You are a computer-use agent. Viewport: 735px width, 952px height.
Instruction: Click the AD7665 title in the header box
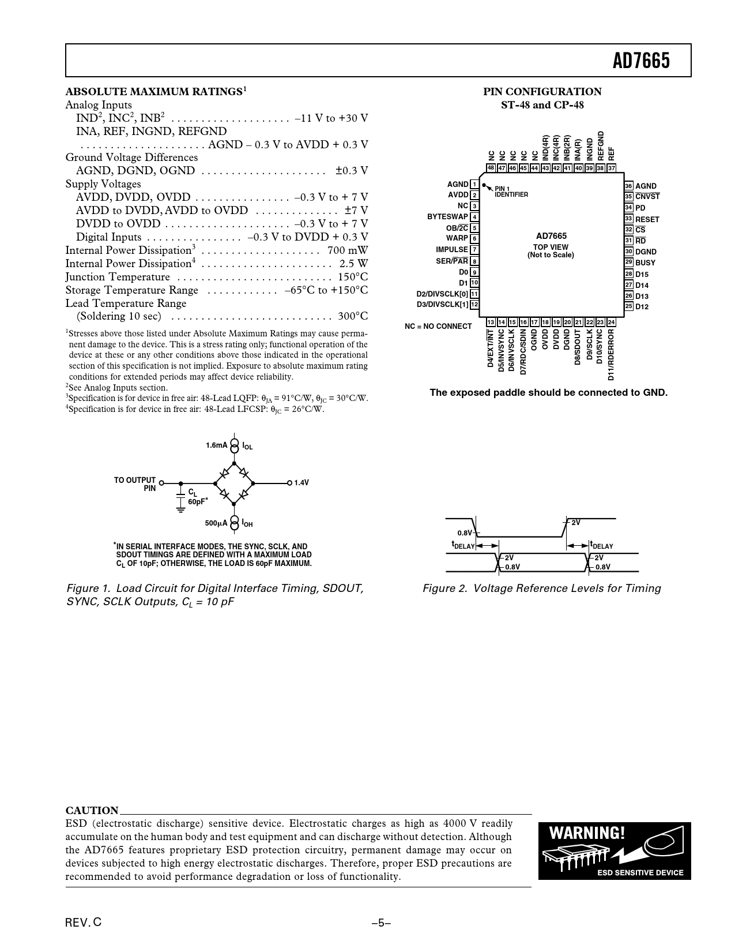point(641,60)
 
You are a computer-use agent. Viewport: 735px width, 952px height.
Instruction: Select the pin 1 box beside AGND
point(474,184)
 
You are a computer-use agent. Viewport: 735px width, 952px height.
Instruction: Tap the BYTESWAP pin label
point(447,217)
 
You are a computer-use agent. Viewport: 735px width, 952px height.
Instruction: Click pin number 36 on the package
point(628,186)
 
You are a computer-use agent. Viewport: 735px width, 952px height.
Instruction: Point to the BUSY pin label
point(645,263)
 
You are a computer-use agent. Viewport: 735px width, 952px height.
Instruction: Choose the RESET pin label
point(647,219)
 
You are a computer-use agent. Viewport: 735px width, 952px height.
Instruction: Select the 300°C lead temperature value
point(353,316)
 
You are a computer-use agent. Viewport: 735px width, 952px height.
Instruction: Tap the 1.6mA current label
point(217,445)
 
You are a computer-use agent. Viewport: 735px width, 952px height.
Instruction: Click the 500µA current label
point(216,523)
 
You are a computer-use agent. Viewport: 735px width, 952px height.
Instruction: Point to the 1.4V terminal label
point(301,483)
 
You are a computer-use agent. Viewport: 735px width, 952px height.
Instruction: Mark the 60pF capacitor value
point(197,501)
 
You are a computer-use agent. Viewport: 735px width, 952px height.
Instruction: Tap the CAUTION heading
point(92,811)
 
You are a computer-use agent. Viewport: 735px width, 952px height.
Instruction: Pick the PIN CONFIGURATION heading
point(542,92)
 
